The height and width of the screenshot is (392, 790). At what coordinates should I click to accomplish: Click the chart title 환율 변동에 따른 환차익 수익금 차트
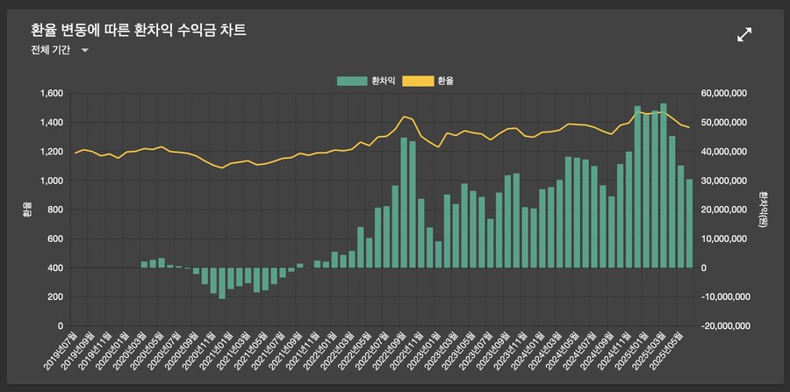pyautogui.click(x=138, y=31)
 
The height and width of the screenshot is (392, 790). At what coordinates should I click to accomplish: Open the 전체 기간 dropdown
pyautogui.click(x=59, y=51)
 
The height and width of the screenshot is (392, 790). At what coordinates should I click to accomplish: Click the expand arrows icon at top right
pyautogui.click(x=744, y=34)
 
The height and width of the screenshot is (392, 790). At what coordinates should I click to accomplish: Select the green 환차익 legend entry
pyautogui.click(x=366, y=81)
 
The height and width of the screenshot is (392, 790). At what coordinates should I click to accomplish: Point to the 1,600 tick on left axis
pyautogui.click(x=50, y=94)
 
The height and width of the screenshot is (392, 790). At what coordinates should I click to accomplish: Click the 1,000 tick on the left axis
pyautogui.click(x=50, y=181)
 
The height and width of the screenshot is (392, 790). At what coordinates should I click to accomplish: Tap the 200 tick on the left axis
pyautogui.click(x=54, y=296)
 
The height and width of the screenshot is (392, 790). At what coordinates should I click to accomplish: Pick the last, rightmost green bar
pyautogui.click(x=689, y=223)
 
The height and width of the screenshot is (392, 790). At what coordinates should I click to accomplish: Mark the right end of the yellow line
pyautogui.click(x=689, y=128)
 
